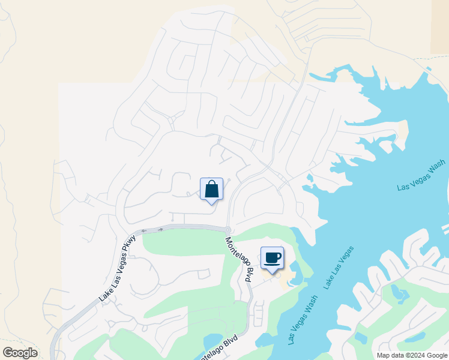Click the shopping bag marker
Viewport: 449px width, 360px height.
pos(211,190)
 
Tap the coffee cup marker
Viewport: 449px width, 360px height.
pos(272,258)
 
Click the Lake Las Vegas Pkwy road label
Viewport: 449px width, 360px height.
pos(118,268)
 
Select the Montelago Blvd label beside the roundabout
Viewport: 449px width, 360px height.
pos(240,260)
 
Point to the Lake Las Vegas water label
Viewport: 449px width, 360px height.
pos(339,268)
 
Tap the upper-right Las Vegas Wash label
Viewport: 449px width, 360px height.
pos(421,175)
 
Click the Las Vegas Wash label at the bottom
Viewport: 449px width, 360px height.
pos(303,322)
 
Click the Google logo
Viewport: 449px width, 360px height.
pos(20,353)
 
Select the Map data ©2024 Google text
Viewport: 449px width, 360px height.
pos(412,355)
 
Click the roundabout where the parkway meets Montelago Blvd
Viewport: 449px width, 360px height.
pos(228,230)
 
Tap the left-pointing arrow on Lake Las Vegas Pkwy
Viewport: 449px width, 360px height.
pos(144,230)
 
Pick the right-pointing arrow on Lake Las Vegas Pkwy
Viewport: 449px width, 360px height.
pos(160,229)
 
